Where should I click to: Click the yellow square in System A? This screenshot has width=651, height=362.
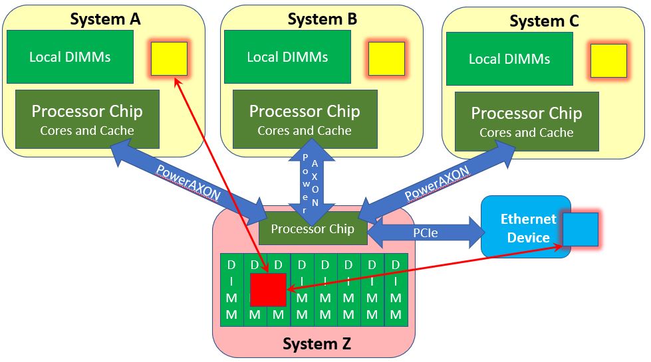coord(169,58)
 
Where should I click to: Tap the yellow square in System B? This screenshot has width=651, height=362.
coord(386,58)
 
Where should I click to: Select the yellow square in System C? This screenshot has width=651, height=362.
coord(608,60)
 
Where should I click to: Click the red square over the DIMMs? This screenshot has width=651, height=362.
coord(268,290)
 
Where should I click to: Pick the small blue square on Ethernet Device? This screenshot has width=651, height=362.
coord(581,229)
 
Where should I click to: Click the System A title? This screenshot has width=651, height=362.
coord(105,19)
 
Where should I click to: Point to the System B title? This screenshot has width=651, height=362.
coord(323,19)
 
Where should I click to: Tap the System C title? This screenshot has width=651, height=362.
coord(544,21)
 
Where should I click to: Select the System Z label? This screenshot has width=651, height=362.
coord(317,344)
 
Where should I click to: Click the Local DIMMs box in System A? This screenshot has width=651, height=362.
coord(70,57)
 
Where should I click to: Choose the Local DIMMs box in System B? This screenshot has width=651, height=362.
coord(288,57)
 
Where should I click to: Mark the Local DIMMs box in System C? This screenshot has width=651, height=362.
coord(509,59)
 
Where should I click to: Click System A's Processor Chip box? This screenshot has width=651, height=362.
coord(87,119)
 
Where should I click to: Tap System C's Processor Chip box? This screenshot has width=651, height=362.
coord(527,121)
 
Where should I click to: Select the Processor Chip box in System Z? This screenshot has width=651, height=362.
coord(313,228)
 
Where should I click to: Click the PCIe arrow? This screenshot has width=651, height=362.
coord(426,232)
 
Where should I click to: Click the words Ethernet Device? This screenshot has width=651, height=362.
coord(528,228)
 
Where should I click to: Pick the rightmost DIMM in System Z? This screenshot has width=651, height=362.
coord(396,290)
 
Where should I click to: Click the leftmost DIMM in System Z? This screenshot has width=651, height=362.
coord(231,290)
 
